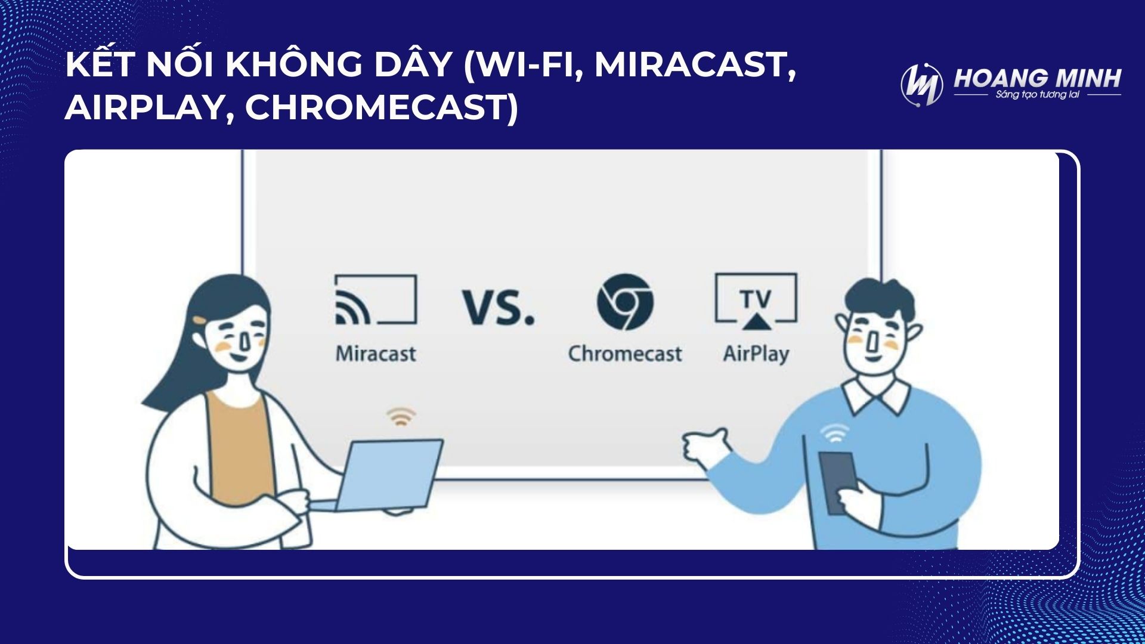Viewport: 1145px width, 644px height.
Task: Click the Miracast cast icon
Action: coord(376,299)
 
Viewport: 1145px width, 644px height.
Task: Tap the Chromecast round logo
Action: coord(625,302)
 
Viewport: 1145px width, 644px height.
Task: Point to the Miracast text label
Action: coord(376,354)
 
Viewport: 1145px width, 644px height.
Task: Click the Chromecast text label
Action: coord(625,354)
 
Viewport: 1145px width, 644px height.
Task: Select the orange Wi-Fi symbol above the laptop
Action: coord(401,416)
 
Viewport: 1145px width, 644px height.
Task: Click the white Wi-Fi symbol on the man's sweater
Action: coord(834,433)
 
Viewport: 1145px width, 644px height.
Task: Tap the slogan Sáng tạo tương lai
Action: coord(1038,95)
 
